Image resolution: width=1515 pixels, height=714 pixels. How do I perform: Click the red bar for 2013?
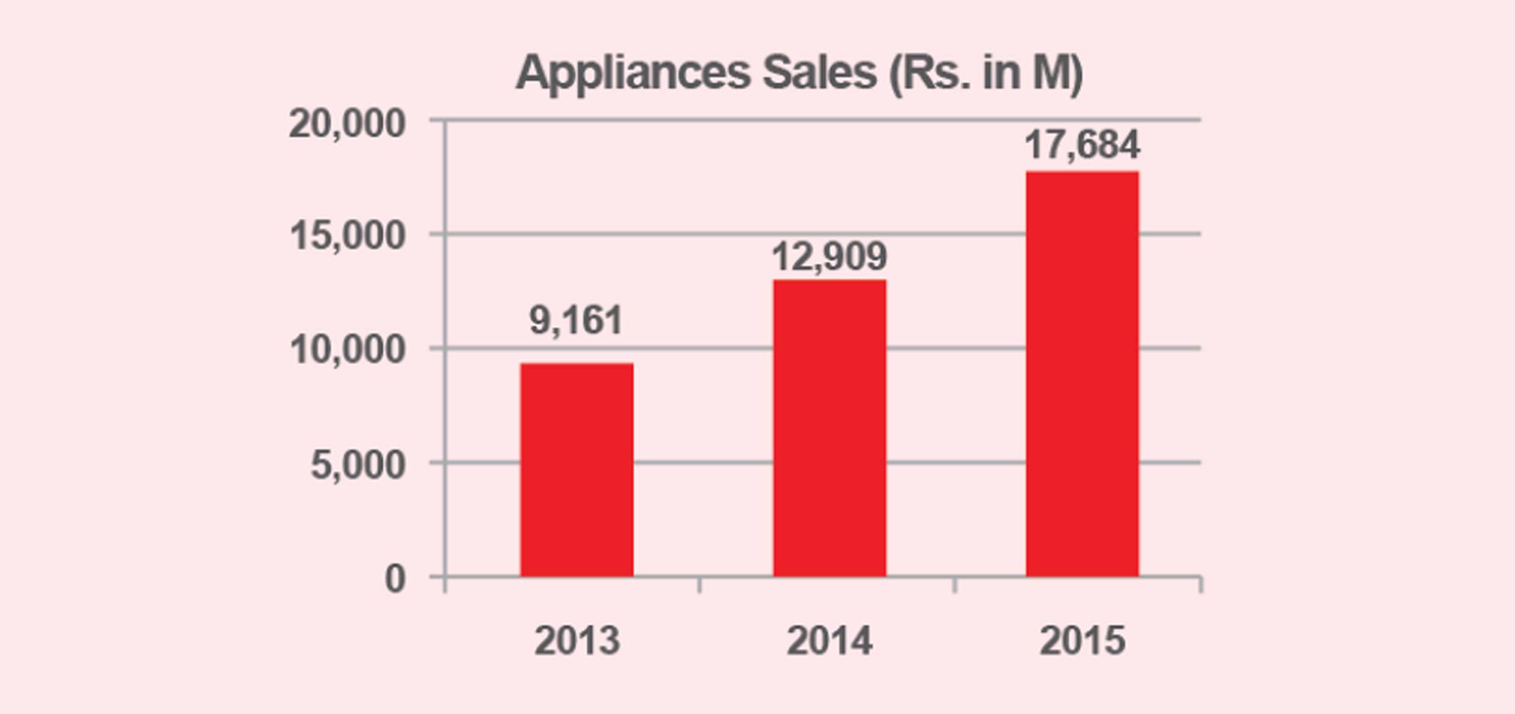pyautogui.click(x=577, y=469)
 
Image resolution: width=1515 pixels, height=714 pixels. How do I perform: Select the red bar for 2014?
pyautogui.click(x=829, y=428)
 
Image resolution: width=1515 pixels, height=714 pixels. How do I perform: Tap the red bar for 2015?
pyautogui.click(x=1082, y=374)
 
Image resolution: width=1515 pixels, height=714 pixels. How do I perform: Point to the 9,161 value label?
pyautogui.click(x=575, y=320)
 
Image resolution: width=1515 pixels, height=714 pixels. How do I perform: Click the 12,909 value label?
pyautogui.click(x=829, y=257)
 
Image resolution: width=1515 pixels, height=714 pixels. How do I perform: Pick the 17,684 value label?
pyautogui.click(x=1082, y=145)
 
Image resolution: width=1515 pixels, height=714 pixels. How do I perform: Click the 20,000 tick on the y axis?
pyautogui.click(x=347, y=123)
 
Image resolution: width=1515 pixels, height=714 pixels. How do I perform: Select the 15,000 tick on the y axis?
pyautogui.click(x=347, y=236)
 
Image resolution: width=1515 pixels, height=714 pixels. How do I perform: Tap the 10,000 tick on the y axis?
pyautogui.click(x=347, y=350)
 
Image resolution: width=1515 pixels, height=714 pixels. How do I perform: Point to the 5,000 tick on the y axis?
pyautogui.click(x=358, y=465)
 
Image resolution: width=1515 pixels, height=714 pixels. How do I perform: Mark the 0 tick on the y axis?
pyautogui.click(x=395, y=578)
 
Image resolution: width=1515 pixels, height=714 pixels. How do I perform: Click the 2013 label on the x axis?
pyautogui.click(x=577, y=641)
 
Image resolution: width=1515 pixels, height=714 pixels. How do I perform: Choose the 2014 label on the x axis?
pyautogui.click(x=829, y=641)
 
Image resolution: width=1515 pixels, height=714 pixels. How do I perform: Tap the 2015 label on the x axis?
pyautogui.click(x=1082, y=641)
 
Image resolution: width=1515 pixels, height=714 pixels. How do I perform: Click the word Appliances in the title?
pyautogui.click(x=633, y=73)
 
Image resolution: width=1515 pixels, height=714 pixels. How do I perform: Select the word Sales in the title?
pyautogui.click(x=819, y=73)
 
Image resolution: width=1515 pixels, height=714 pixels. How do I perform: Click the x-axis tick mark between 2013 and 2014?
pyautogui.click(x=700, y=584)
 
